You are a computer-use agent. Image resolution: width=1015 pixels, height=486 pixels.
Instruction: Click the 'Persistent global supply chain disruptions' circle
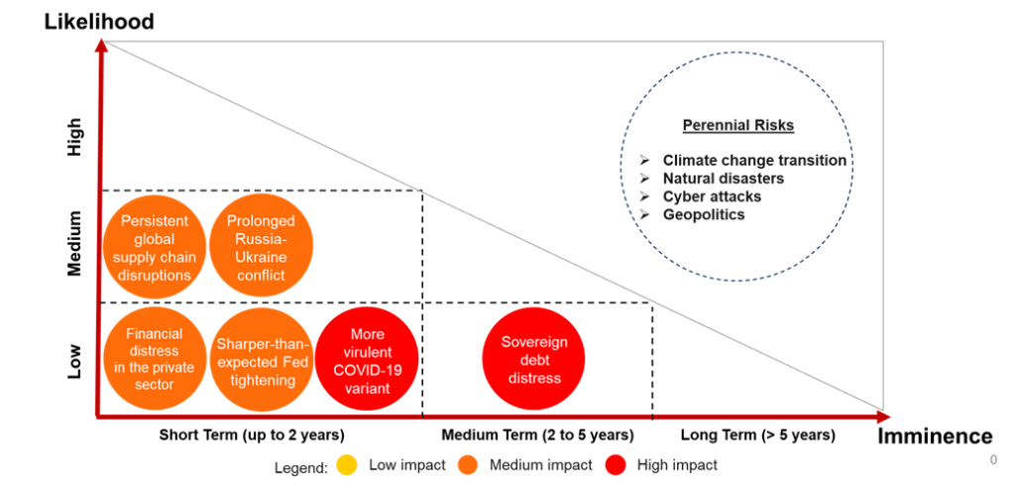(155, 248)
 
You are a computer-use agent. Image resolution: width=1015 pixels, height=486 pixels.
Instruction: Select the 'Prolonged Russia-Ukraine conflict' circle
(262, 248)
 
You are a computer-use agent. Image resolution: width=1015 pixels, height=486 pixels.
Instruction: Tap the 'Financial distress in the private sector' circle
(155, 358)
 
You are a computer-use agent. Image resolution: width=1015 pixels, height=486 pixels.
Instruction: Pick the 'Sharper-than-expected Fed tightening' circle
(262, 358)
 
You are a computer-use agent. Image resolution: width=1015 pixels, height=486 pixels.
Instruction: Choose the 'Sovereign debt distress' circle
(534, 358)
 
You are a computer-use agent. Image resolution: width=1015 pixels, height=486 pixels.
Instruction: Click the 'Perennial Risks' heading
(737, 126)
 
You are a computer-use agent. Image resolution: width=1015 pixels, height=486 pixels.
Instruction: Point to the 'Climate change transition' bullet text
(754, 160)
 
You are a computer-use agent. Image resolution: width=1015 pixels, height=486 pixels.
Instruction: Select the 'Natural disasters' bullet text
(724, 179)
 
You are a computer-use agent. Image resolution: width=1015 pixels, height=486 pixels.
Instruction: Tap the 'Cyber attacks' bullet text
(712, 196)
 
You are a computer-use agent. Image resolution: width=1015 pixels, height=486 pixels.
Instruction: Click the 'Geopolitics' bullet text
(704, 214)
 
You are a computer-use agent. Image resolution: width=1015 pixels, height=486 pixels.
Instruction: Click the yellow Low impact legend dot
(347, 465)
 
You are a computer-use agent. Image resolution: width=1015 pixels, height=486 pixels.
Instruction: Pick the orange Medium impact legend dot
(468, 465)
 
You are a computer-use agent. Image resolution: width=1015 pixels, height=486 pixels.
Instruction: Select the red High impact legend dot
(616, 465)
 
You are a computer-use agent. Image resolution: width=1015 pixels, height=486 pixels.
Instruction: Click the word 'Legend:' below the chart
(301, 466)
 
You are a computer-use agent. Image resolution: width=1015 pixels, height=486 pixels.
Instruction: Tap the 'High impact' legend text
(678, 465)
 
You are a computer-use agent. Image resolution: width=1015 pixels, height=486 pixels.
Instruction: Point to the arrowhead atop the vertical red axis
(99, 45)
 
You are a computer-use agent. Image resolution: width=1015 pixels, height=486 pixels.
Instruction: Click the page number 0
(993, 460)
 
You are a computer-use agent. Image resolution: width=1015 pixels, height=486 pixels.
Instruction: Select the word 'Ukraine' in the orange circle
(262, 257)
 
